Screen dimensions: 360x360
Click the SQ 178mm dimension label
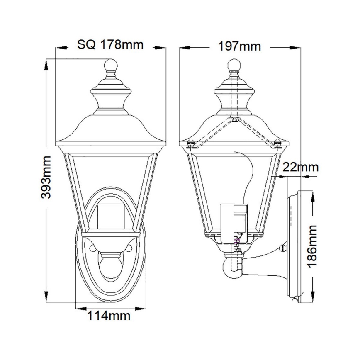click(110, 44)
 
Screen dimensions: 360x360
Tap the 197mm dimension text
click(240, 46)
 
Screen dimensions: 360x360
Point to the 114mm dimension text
click(109, 316)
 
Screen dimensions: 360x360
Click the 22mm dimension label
click(300, 168)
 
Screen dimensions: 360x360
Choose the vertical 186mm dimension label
click(313, 246)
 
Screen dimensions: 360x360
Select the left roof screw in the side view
click(191, 144)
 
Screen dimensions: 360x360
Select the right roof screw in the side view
click(277, 144)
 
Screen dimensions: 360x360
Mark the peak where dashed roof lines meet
click(234, 120)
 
